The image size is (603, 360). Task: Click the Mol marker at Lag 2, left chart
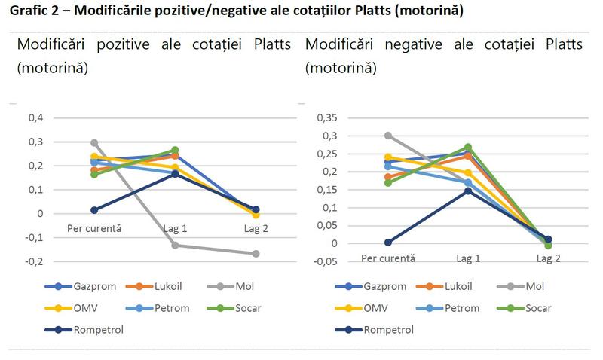click(x=256, y=254)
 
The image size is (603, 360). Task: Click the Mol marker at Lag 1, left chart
click(x=175, y=245)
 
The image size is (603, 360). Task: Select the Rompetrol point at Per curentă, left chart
click(x=94, y=210)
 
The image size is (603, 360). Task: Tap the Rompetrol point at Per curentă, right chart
click(x=387, y=243)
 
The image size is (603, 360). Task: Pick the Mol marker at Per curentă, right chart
click(x=387, y=136)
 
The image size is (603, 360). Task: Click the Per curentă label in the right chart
click(x=387, y=258)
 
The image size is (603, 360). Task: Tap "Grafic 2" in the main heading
click(x=34, y=11)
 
